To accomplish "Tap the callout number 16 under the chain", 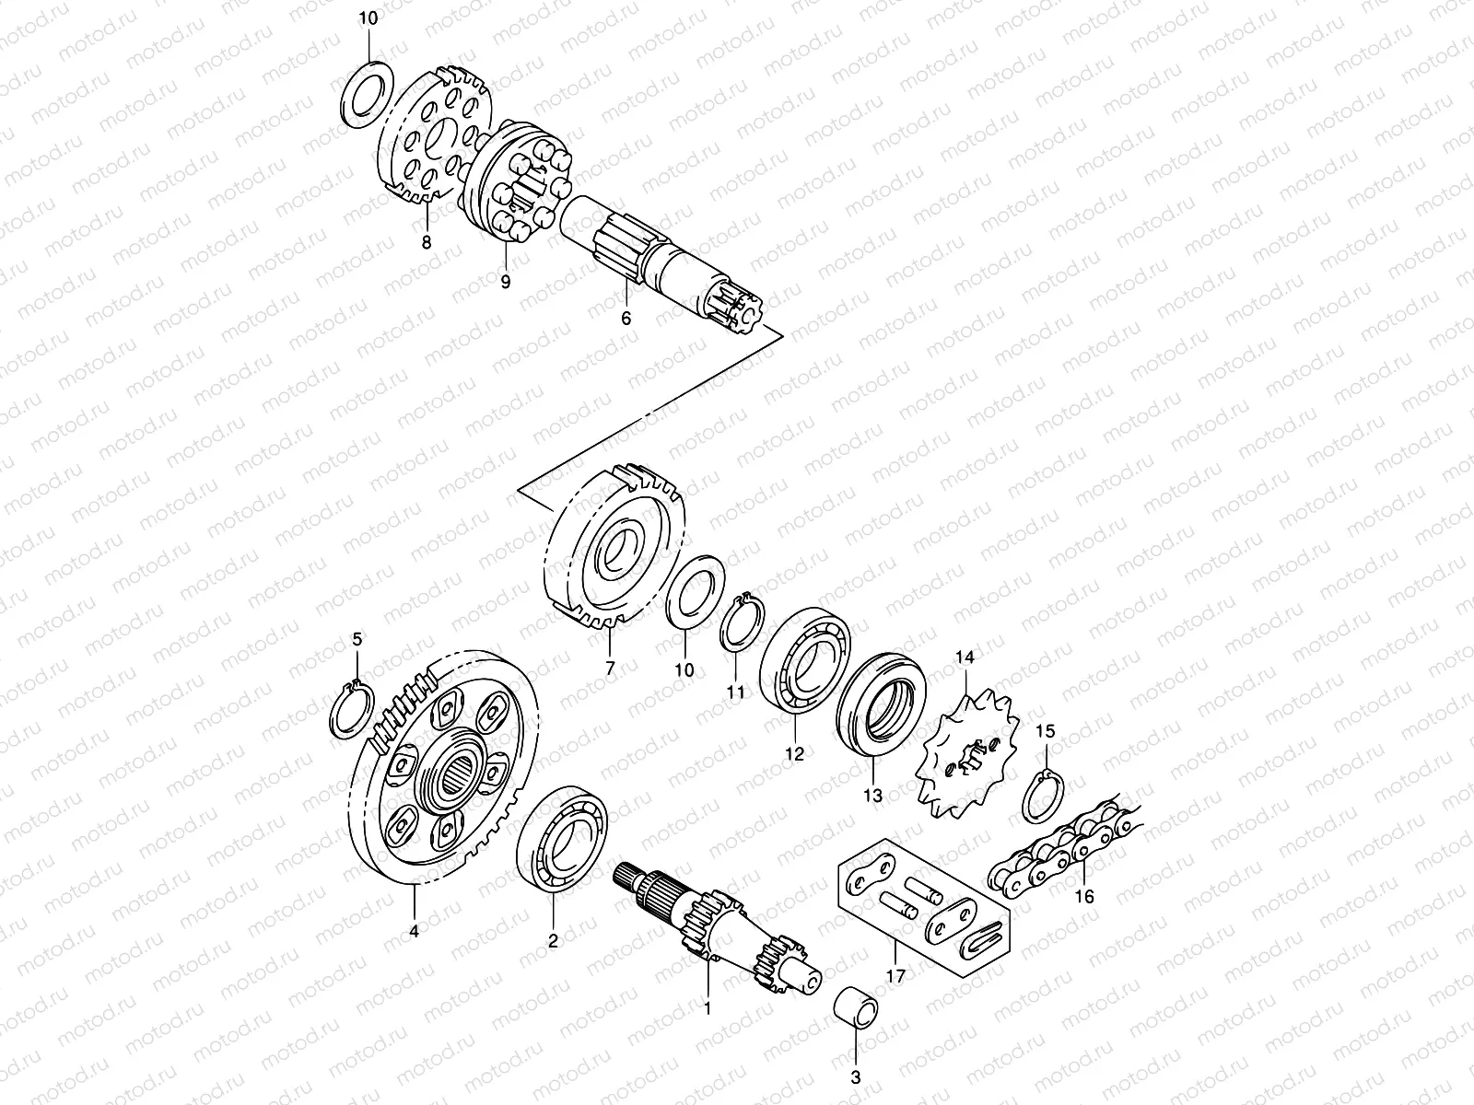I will point(1084,896).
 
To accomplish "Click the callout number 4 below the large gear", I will point(414,932).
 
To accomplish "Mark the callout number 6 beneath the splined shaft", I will point(626,320).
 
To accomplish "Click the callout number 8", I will point(427,243).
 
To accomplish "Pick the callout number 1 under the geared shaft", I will point(708,1007).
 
